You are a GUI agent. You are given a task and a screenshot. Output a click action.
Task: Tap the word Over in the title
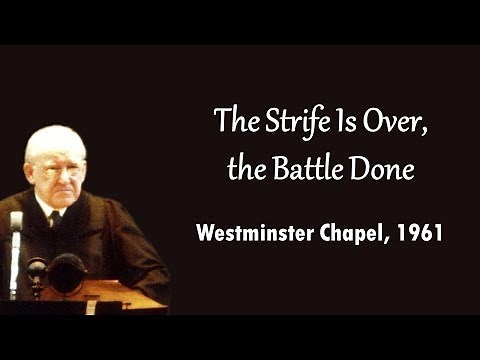[x=379, y=123]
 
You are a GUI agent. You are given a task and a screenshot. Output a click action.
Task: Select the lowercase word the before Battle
[x=246, y=169]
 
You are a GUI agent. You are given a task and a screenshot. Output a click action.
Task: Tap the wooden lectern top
[x=110, y=294]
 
